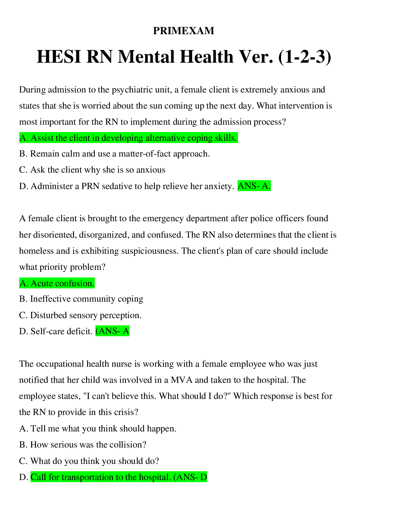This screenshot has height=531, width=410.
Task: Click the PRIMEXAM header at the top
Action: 184,31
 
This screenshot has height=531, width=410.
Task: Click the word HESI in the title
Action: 59,57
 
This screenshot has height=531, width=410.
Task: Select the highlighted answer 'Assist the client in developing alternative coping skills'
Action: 128,138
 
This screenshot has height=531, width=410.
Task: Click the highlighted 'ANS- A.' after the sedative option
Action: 254,186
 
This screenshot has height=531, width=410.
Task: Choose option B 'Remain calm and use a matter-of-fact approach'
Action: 114,154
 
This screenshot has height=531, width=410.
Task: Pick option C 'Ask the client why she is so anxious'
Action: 92,170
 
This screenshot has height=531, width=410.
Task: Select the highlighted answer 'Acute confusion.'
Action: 57,283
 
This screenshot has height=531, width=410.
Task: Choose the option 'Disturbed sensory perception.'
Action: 80,315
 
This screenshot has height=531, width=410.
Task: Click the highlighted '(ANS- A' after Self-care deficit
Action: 112,331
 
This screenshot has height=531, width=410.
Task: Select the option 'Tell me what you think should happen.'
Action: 97,429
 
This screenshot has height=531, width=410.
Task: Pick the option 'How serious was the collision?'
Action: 83,445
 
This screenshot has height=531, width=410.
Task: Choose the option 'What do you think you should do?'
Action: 89,461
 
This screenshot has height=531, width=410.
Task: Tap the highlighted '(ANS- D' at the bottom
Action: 190,477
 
